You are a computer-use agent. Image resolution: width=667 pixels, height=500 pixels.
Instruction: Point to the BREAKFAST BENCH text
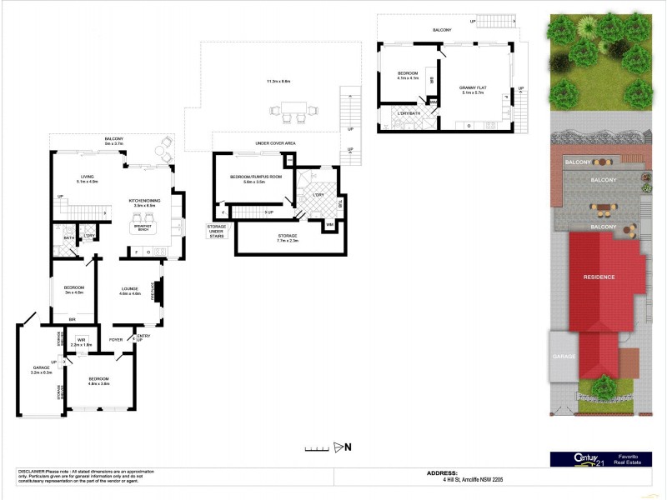click(x=144, y=227)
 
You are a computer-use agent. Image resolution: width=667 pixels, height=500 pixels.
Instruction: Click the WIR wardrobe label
click(x=82, y=340)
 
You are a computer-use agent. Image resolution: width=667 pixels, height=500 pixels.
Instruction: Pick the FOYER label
click(x=115, y=339)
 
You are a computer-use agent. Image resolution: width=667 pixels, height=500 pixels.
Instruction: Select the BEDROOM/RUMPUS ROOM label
click(x=256, y=177)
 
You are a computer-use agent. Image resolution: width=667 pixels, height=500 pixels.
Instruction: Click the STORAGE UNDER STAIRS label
click(x=219, y=231)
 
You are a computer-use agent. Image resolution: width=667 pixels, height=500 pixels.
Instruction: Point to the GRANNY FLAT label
click(x=474, y=87)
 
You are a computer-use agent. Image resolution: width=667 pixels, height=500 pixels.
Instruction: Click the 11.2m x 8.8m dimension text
click(x=278, y=82)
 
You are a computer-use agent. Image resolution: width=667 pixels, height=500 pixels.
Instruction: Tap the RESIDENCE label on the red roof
click(x=599, y=277)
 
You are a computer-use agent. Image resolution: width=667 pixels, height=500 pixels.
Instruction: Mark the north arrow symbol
click(x=339, y=447)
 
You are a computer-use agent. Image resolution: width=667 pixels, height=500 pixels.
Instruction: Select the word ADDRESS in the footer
click(x=442, y=472)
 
